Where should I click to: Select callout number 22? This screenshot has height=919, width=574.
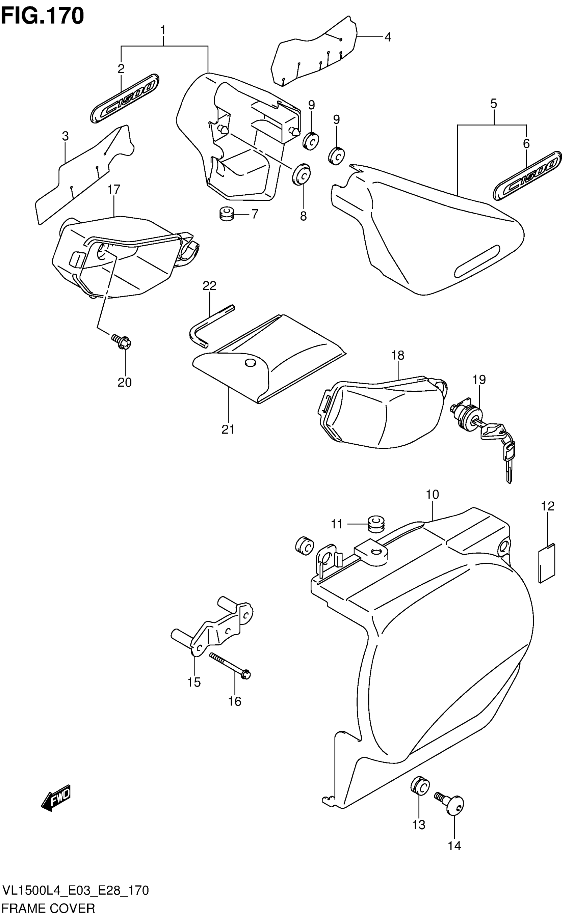(x=209, y=286)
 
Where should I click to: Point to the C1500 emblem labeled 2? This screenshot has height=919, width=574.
(x=125, y=98)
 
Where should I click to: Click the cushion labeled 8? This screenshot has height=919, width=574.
(x=302, y=174)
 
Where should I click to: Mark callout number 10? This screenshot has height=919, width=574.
(x=433, y=495)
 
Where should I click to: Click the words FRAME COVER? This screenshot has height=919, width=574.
(x=48, y=909)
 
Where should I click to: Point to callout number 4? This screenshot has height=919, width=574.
(x=388, y=37)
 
